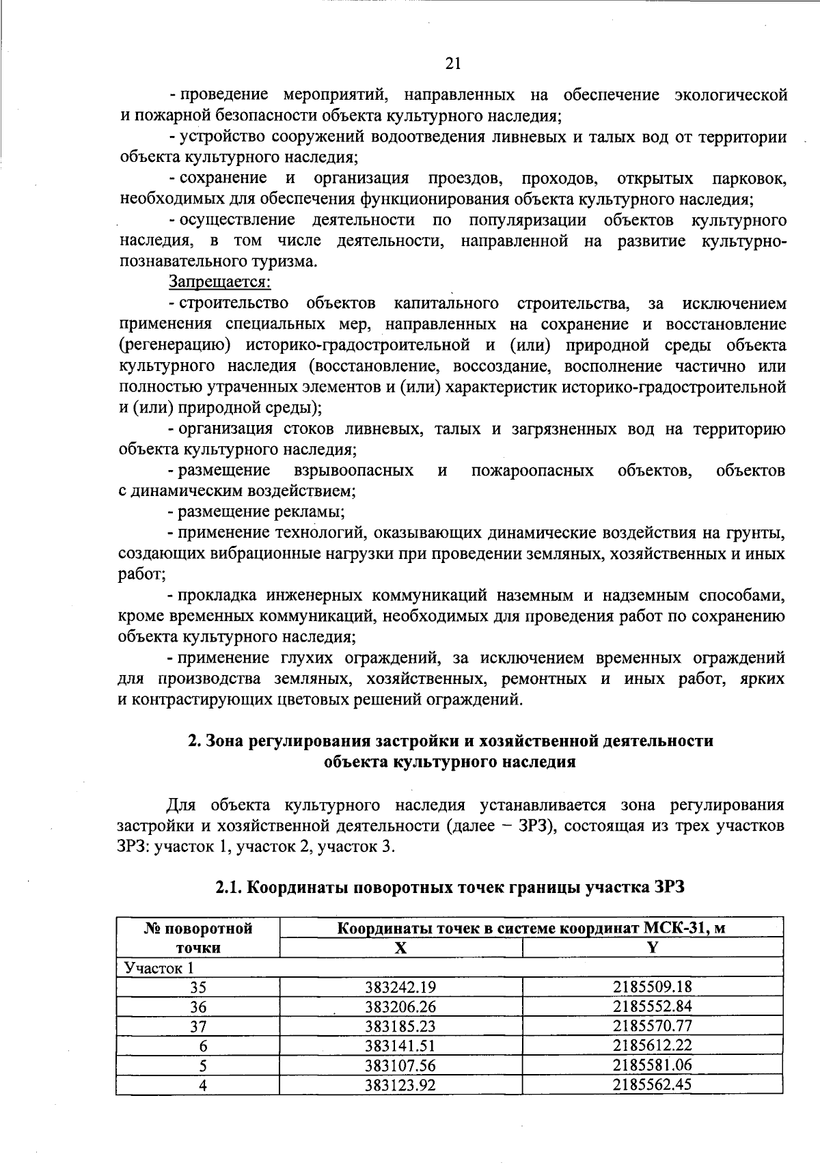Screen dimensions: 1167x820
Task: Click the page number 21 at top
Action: (x=452, y=64)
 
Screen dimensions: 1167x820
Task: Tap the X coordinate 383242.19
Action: (x=400, y=987)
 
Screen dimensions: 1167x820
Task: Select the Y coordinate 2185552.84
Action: (x=653, y=1006)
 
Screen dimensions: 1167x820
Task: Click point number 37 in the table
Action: (x=198, y=1026)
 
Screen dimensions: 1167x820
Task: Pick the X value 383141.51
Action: (x=400, y=1045)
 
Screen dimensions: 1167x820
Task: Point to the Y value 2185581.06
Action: (x=653, y=1065)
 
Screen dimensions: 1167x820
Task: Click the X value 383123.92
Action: (x=400, y=1085)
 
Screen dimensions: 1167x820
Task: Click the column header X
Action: (x=400, y=948)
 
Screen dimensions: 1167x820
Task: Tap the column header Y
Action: (x=653, y=948)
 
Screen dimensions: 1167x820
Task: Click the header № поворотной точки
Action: (x=198, y=937)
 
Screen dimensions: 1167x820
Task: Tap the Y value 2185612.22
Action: (x=653, y=1045)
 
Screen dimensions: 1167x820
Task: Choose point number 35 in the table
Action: (x=198, y=987)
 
